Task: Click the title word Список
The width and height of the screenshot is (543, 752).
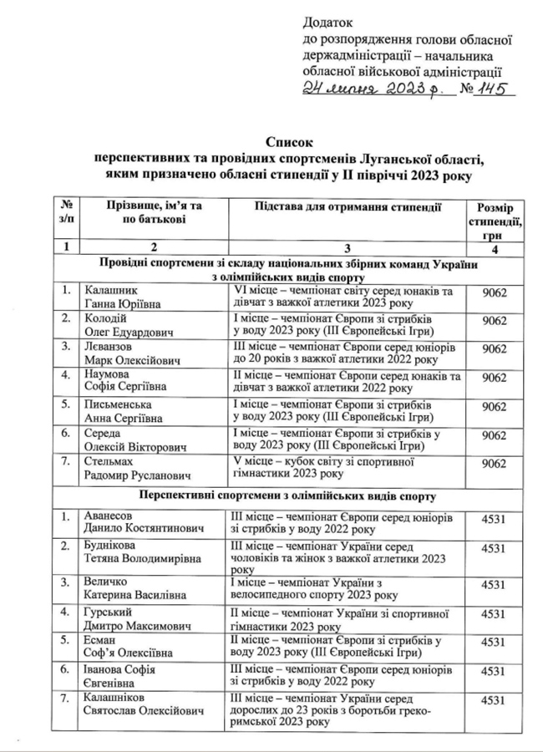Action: pos(283,145)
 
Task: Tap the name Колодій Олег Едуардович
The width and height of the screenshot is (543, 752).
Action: pos(131,327)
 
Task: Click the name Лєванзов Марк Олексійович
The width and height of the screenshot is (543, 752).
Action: pos(132,355)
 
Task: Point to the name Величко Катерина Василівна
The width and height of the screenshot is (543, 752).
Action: pos(133,587)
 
